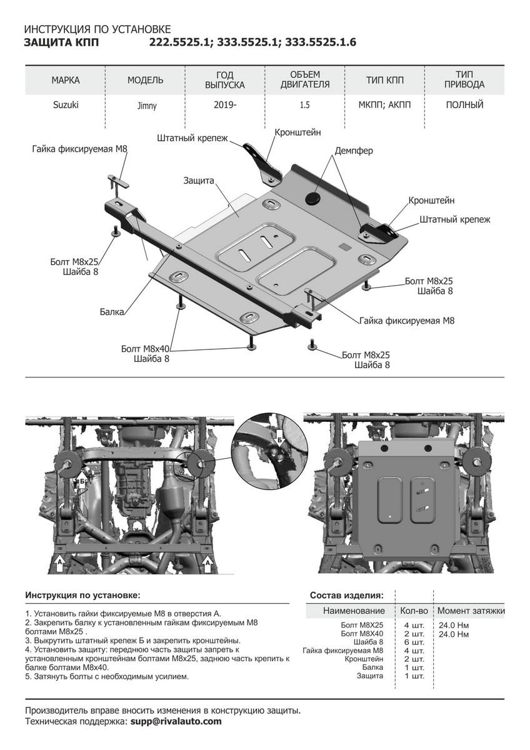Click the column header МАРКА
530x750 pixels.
tap(66, 80)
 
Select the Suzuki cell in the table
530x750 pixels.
tap(66, 105)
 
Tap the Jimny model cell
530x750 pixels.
tap(147, 106)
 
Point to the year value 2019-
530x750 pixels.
tap(225, 105)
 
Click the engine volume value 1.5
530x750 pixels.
tap(304, 105)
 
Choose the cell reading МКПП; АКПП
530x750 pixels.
tap(385, 105)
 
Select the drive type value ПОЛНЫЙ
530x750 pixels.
tap(464, 105)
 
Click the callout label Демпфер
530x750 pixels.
tap(354, 151)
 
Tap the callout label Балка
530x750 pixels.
tap(111, 311)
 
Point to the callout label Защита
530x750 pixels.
tap(199, 180)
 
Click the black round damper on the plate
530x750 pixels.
tap(312, 197)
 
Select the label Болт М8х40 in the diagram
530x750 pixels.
tap(144, 349)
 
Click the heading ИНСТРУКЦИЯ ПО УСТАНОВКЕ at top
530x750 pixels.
tap(97, 29)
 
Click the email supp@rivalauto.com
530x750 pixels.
tap(176, 721)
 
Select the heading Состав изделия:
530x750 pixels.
tap(347, 594)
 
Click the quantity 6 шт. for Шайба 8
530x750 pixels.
tap(414, 642)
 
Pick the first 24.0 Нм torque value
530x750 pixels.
tap(454, 625)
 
